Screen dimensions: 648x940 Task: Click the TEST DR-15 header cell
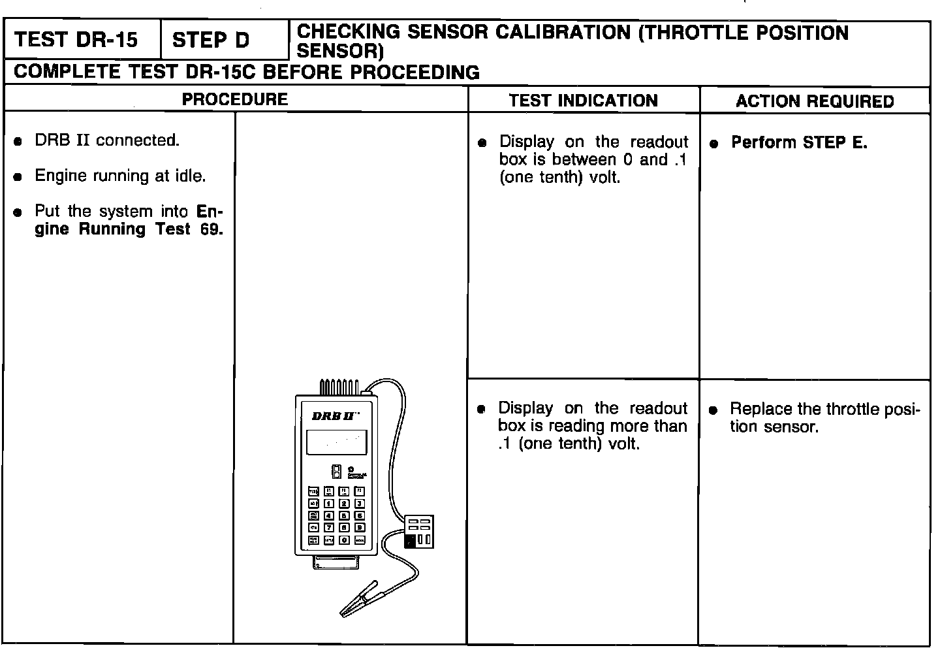coord(76,40)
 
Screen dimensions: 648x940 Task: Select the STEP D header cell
coord(211,40)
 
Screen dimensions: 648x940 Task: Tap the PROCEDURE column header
coord(234,99)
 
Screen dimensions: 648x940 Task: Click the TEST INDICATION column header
coord(583,101)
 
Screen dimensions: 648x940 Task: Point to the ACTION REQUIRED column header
coord(815,101)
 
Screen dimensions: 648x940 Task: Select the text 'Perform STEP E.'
coord(799,142)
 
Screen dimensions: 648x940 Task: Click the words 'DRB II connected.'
coord(106,140)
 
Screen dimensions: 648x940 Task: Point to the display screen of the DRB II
coord(336,442)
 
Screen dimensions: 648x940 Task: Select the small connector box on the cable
coord(418,531)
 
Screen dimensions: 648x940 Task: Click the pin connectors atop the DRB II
coord(339,387)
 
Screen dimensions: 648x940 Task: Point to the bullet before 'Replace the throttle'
coord(713,410)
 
